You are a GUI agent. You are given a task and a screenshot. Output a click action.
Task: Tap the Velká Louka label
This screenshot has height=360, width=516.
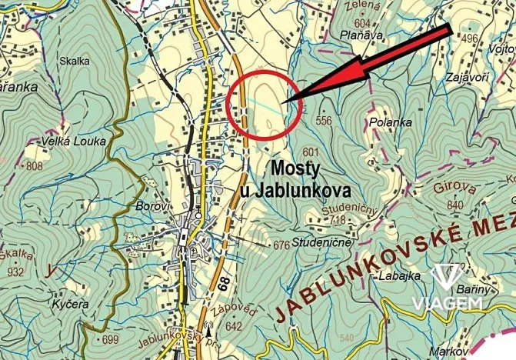pos(70,142)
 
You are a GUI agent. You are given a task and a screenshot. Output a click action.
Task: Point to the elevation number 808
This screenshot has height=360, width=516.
pos(35,165)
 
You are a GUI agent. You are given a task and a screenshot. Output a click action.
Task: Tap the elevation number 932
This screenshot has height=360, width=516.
pos(15,272)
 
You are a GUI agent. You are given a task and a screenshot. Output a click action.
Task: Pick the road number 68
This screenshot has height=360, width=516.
pos(222,282)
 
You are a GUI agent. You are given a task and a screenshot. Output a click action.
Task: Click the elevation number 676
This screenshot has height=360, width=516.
pos(281,246)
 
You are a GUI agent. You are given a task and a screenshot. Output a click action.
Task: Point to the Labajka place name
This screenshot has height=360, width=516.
pos(398,275)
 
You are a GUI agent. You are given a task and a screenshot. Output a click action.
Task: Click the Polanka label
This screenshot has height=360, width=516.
pos(391,122)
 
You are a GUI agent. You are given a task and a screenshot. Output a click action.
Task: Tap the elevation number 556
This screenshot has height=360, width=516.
pos(323,121)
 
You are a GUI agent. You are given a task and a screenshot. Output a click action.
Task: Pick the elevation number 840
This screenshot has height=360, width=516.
pos(454,205)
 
